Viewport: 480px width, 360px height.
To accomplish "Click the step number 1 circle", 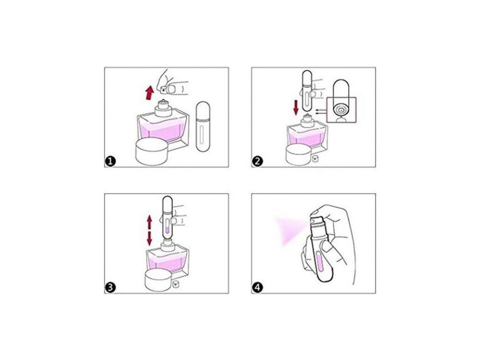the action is pos(110,161).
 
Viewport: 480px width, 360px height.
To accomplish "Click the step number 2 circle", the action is pos(257,161).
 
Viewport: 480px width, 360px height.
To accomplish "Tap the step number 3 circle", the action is pos(110,287).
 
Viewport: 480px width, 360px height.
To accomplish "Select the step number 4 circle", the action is pos(257,287).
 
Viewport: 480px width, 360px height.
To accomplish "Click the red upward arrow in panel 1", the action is pos(149,93).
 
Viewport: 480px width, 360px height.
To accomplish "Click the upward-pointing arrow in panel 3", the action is pos(150,222).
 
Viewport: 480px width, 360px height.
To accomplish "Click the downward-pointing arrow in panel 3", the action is pos(150,238).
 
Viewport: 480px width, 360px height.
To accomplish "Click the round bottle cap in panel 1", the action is pos(152,152).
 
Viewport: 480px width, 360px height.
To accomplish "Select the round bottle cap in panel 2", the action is pos(300,155).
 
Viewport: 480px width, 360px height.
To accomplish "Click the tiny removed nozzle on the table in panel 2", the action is pos(315,159).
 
